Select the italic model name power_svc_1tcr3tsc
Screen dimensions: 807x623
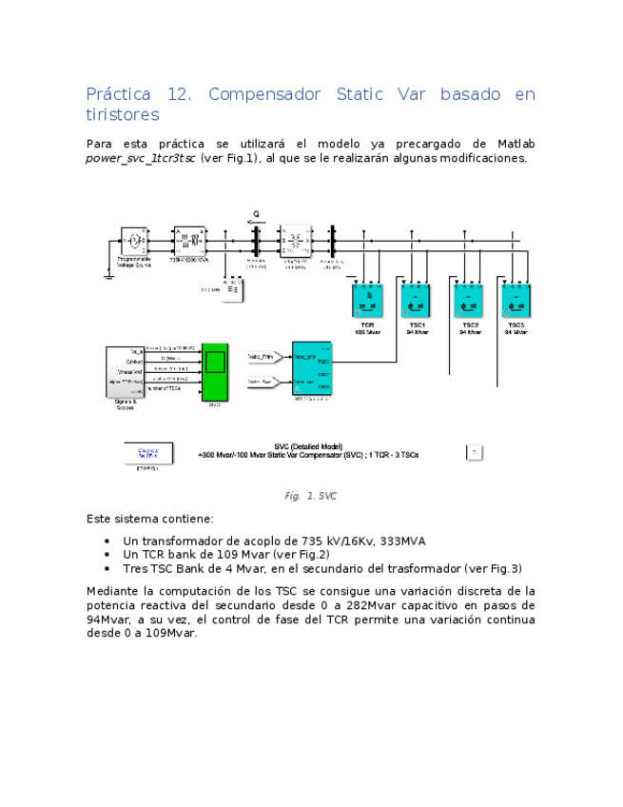coord(141,159)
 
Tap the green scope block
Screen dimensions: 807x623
coord(214,371)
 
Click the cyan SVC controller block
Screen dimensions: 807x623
coord(311,370)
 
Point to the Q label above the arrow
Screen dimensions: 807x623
coord(256,213)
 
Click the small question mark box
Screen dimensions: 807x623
coord(474,452)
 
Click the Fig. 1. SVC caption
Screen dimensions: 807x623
coord(310,496)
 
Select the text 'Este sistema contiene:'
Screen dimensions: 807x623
coord(149,520)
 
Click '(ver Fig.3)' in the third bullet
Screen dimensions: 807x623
coord(492,568)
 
